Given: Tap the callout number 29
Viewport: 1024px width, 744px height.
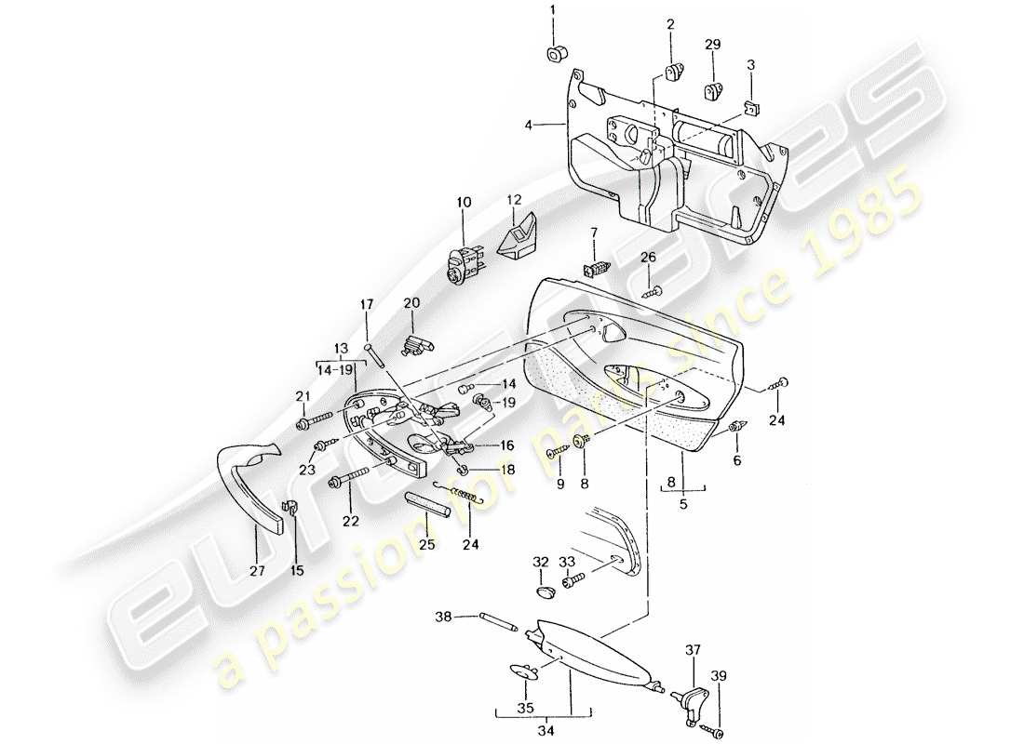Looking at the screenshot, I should click(713, 45).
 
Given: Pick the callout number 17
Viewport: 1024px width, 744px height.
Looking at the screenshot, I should click(367, 304).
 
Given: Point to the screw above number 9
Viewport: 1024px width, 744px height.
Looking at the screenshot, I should click(559, 451).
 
